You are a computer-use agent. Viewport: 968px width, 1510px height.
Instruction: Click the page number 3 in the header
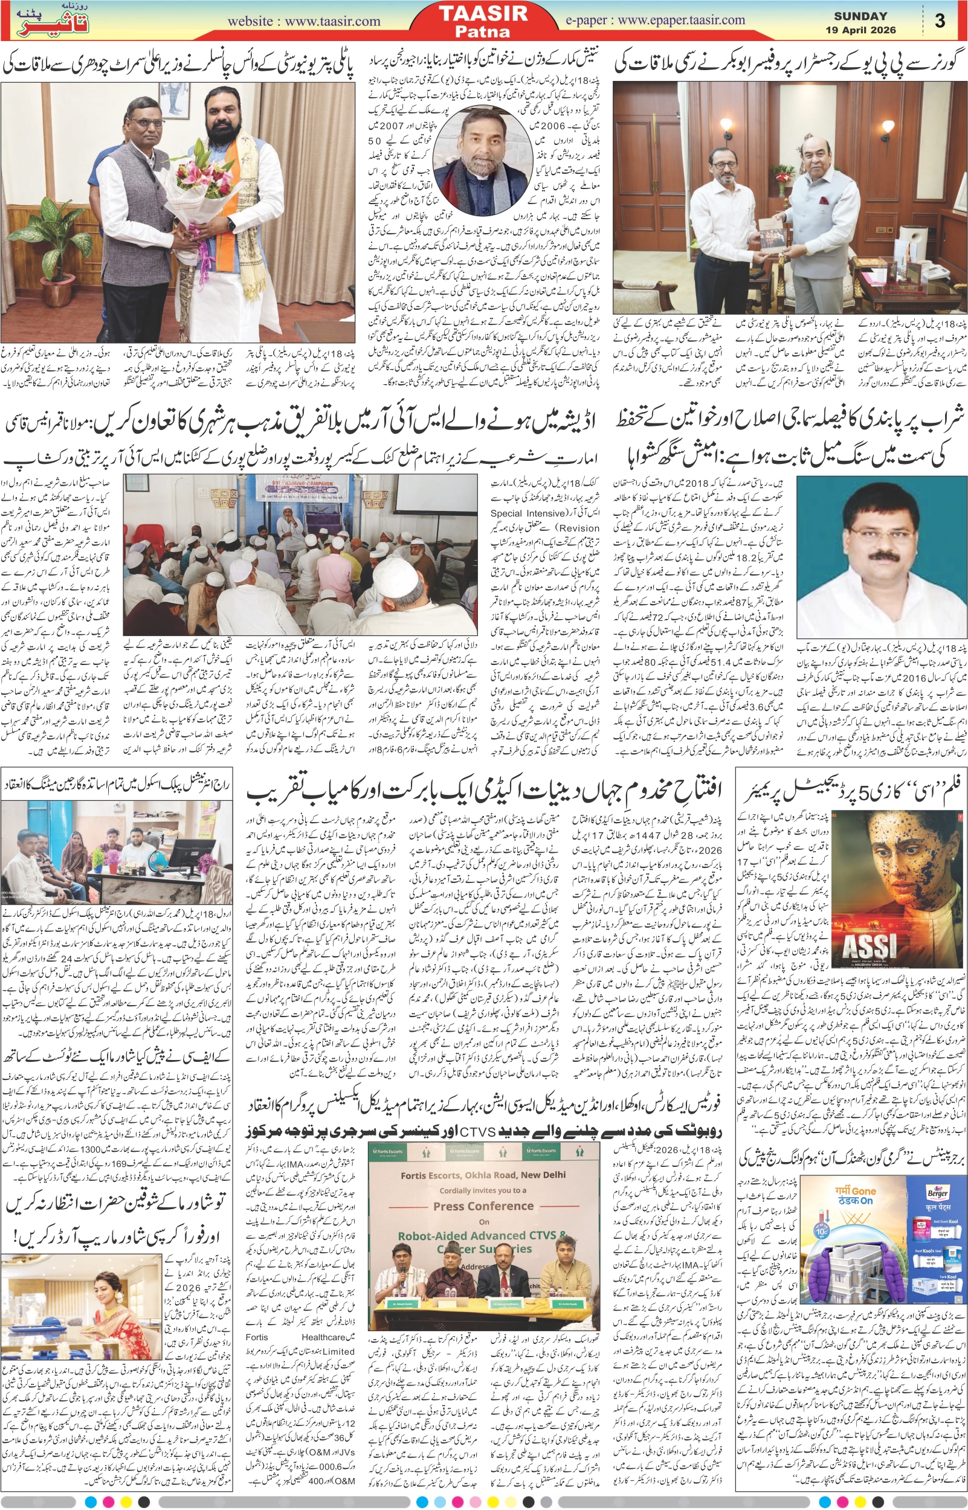940,21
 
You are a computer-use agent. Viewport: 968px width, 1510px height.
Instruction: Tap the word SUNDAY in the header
860,16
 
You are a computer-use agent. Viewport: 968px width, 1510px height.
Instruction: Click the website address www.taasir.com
303,21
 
